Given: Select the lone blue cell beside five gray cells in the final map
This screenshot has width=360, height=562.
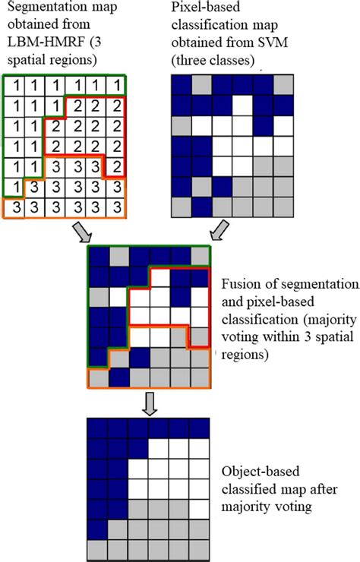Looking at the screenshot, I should [x=98, y=528].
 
